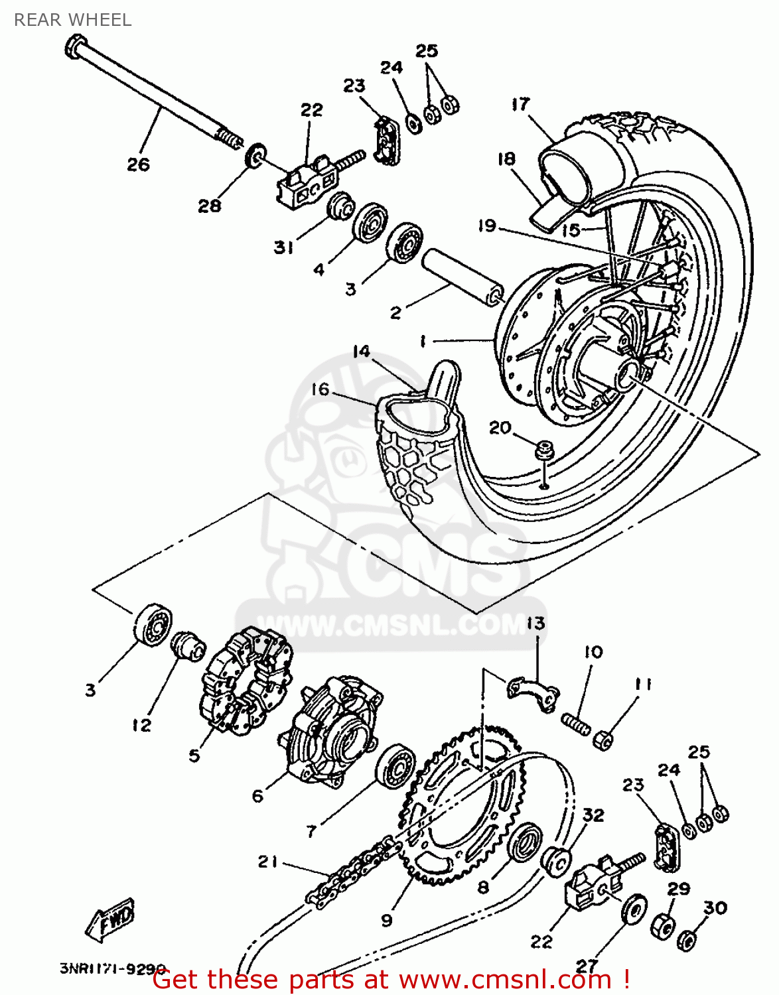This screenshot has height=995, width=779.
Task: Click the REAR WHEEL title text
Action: coord(72,20)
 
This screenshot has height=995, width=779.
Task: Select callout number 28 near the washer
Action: coord(209,206)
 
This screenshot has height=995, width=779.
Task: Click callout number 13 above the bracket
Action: coord(535,623)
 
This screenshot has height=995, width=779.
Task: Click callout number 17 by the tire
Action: coord(521,104)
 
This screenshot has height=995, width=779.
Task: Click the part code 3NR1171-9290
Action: coord(113,968)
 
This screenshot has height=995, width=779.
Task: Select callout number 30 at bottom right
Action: coord(715,907)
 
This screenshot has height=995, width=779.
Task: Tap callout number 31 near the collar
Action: coord(283,247)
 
